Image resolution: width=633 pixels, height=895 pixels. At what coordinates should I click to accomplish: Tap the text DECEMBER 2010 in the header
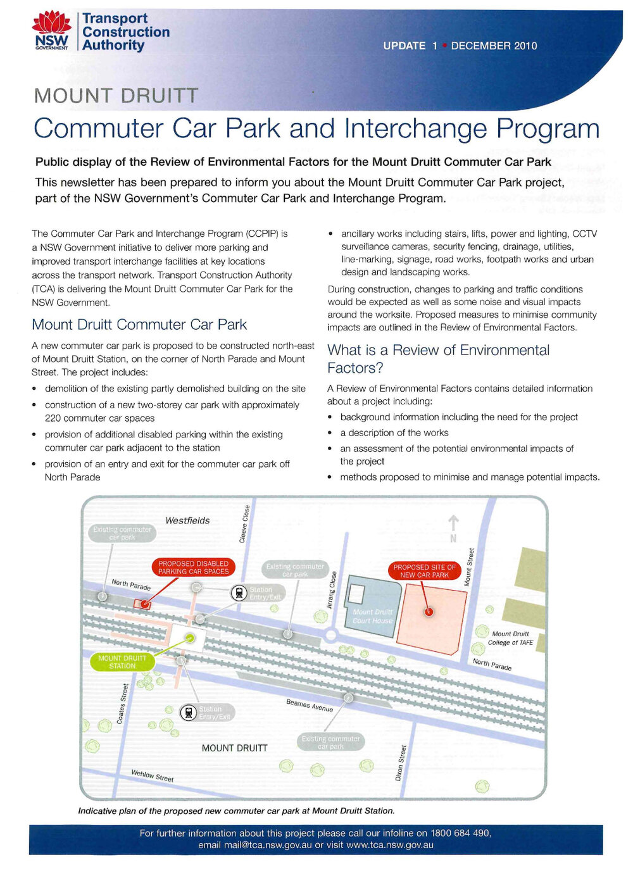[x=494, y=46]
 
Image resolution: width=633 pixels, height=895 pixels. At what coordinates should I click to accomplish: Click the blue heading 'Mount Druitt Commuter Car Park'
[x=139, y=325]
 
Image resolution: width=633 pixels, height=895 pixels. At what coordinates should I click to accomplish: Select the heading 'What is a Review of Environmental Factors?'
[x=438, y=359]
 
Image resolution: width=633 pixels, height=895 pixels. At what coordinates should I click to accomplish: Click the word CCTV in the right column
[x=584, y=234]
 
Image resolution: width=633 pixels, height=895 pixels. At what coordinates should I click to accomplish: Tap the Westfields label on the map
[x=187, y=520]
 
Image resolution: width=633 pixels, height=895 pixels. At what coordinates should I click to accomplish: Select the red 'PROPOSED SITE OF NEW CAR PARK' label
[x=424, y=571]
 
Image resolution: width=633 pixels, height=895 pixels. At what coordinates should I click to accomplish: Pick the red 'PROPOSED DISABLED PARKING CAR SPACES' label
[x=193, y=567]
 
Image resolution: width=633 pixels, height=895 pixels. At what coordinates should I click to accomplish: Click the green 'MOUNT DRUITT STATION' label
[x=122, y=662]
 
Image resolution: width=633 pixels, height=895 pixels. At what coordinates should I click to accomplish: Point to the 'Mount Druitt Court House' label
[x=373, y=616]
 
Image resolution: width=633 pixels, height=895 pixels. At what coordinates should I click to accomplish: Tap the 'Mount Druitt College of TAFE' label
[x=510, y=638]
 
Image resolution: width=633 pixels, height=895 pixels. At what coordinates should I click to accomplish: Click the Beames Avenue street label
[x=309, y=705]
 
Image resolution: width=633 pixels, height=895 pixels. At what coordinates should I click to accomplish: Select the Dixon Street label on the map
[x=401, y=762]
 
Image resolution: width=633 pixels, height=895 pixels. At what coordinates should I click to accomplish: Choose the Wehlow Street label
[x=152, y=775]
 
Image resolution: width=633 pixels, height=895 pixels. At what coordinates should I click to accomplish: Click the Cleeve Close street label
[x=244, y=523]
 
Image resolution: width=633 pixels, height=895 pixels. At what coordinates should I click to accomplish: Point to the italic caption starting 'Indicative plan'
[x=236, y=811]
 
